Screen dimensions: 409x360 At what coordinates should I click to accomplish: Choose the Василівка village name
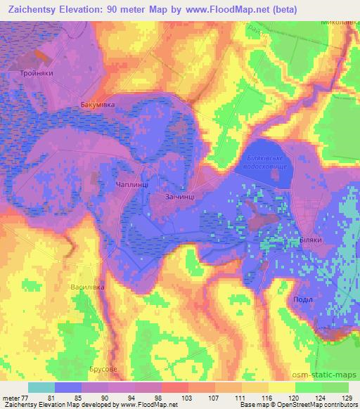pos(87,287)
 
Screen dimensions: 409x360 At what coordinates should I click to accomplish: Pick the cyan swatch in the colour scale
pos(41,387)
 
